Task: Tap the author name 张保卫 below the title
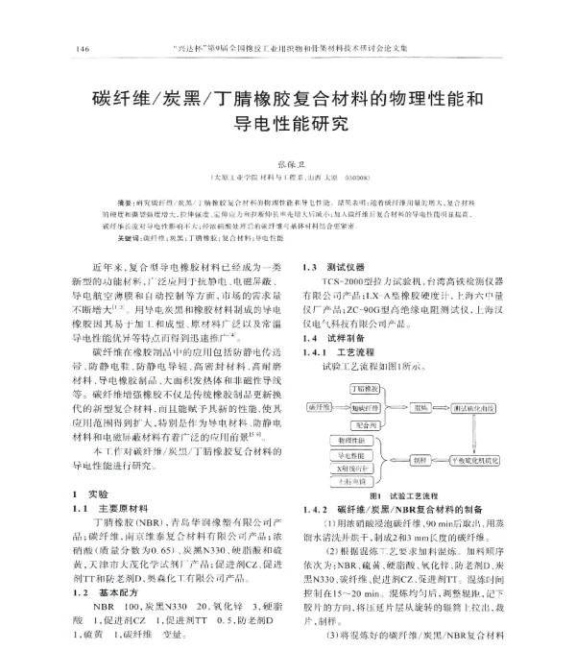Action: pyautogui.click(x=287, y=164)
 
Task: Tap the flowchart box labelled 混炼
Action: pyautogui.click(x=422, y=407)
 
